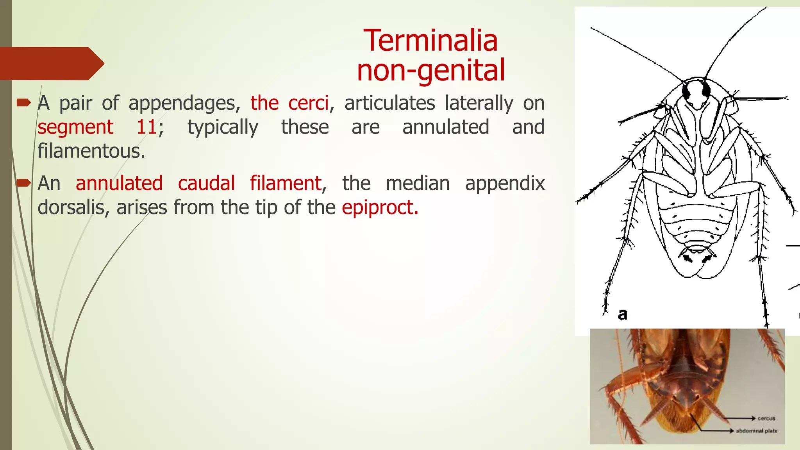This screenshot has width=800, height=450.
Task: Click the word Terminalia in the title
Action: pyautogui.click(x=430, y=41)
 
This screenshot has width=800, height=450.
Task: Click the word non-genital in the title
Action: pyautogui.click(x=431, y=70)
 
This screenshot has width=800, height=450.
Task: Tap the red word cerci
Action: pyautogui.click(x=309, y=104)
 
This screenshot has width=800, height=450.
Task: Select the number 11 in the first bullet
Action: pyautogui.click(x=147, y=127)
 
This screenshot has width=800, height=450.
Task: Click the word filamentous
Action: pyautogui.click(x=91, y=151)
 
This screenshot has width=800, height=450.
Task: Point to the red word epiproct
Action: pyautogui.click(x=380, y=207)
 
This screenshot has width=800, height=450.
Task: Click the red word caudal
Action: pyautogui.click(x=206, y=184)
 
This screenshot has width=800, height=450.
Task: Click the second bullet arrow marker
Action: pyautogui.click(x=24, y=183)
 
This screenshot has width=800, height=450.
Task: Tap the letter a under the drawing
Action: pyautogui.click(x=622, y=314)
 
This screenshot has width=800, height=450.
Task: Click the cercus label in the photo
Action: pyautogui.click(x=766, y=418)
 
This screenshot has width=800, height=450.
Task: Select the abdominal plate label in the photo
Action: pyautogui.click(x=756, y=431)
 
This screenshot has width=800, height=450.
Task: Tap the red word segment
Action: pyautogui.click(x=75, y=127)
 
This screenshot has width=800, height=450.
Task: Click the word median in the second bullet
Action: pyautogui.click(x=418, y=184)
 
